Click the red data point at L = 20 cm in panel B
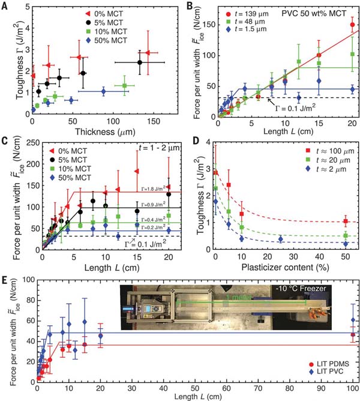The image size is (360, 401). pyautogui.click(x=352, y=25)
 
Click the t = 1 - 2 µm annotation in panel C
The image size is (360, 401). pyautogui.click(x=154, y=147)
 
